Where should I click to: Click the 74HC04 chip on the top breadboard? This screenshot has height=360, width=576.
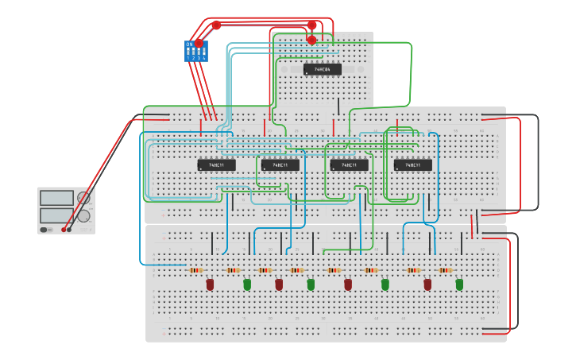[x=322, y=69]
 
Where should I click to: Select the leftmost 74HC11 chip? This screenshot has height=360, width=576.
[x=216, y=165]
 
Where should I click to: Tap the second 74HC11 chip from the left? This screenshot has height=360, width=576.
[x=280, y=165]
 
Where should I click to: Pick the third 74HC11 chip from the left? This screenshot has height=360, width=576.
[x=349, y=165]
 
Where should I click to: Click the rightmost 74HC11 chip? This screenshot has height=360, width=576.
[x=412, y=165]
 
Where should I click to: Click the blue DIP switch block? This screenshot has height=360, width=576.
[x=195, y=52]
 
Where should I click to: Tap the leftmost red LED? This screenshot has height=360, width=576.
[x=210, y=284]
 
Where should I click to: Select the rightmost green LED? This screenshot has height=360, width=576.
[x=459, y=284]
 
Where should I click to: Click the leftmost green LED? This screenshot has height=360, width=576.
[x=247, y=284]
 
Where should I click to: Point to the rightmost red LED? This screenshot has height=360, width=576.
[x=427, y=284]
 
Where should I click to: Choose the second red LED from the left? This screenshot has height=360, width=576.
[x=279, y=284]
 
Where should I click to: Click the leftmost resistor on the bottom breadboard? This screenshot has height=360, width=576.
[x=195, y=270]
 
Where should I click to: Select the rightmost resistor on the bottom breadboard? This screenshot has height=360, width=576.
[x=446, y=270]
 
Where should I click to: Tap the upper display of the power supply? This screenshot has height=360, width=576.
[x=56, y=198]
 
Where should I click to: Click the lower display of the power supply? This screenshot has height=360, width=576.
[x=56, y=215]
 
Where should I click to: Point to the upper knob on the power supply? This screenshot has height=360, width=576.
[x=83, y=198]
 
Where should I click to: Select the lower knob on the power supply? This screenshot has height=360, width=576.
[x=83, y=215]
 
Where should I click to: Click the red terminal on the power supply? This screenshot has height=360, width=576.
[x=64, y=230]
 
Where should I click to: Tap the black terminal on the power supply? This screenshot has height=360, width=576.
[x=69, y=230]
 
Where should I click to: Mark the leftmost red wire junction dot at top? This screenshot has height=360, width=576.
[x=216, y=25]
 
